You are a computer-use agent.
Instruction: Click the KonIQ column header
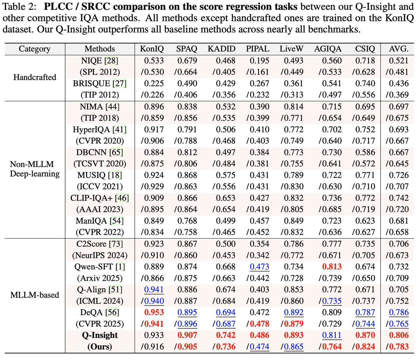pyautogui.click(x=152, y=49)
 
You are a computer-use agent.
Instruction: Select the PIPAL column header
pyautogui.click(x=258, y=49)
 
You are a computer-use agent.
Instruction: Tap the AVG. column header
pyautogui.click(x=399, y=49)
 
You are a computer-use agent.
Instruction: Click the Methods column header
pyautogui.click(x=100, y=49)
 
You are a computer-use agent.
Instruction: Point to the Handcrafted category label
pyautogui.click(x=35, y=77)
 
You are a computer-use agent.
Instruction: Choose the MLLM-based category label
pyautogui.click(x=35, y=295)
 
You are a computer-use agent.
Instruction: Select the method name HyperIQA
pyautogui.click(x=92, y=129)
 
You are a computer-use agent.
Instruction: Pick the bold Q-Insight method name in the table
pyautogui.click(x=100, y=335)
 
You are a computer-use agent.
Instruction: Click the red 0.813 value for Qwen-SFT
pyautogui.click(x=332, y=267)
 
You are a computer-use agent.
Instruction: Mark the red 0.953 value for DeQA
pyautogui.click(x=154, y=313)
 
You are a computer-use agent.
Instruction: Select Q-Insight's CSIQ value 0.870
pyautogui.click(x=365, y=335)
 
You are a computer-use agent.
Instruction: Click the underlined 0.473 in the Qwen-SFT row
pyautogui.click(x=259, y=267)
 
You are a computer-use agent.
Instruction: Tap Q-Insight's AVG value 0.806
pyautogui.click(x=399, y=335)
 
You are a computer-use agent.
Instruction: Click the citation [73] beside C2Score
pyautogui.click(x=116, y=244)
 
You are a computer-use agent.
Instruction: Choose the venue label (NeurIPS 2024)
pyautogui.click(x=100, y=255)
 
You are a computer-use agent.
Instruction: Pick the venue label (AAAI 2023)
pyautogui.click(x=100, y=210)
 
